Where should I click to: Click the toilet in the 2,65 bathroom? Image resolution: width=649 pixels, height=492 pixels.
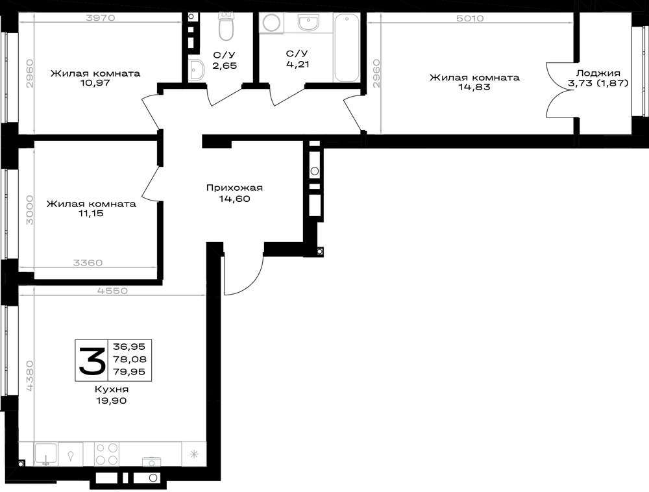tap(226, 27)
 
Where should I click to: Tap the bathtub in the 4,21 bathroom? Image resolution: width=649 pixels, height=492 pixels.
tap(347, 47)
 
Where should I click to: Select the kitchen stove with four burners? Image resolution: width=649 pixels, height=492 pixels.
tap(107, 454)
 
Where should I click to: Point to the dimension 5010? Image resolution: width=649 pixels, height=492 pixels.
tap(471, 18)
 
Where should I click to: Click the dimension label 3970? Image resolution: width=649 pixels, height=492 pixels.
tap(100, 18)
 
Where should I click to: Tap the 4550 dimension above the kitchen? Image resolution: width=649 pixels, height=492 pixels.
tap(112, 291)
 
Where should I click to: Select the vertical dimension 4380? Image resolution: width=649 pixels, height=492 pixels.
tap(29, 375)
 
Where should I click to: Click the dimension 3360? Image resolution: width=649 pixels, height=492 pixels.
tap(88, 263)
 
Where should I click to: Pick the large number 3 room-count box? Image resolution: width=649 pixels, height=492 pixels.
tap(92, 360)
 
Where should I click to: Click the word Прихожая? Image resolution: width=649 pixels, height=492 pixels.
tap(234, 188)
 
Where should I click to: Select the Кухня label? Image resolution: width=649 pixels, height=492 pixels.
tap(112, 390)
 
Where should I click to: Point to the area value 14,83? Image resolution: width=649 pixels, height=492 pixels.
tap(474, 87)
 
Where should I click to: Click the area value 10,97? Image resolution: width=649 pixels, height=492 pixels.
tap(95, 83)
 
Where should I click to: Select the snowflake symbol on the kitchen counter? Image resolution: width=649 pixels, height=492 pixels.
tap(193, 454)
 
